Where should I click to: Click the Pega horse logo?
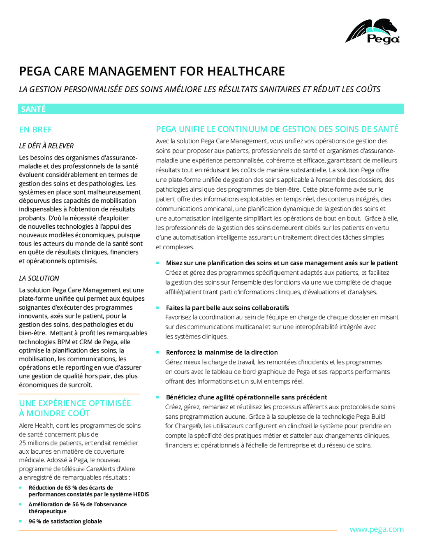pyautogui.click(x=372, y=31)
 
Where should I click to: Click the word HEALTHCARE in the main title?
pyautogui.click(x=246, y=71)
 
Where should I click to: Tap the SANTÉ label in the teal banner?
pyautogui.click(x=33, y=109)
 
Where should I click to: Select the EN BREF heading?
pyautogui.click(x=35, y=130)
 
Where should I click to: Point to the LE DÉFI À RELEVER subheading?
pyautogui.click(x=46, y=146)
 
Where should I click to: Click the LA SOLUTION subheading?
pyautogui.click(x=39, y=278)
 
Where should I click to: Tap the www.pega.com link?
pyautogui.click(x=376, y=529)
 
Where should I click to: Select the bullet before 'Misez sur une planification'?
pyautogui.click(x=157, y=263)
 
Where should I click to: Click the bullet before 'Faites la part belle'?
pyautogui.click(x=157, y=308)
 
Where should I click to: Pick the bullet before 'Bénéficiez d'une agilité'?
pyautogui.click(x=157, y=397)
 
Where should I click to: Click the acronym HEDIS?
pyautogui.click(x=140, y=494)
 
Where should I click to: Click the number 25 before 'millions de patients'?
pyautogui.click(x=23, y=443)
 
